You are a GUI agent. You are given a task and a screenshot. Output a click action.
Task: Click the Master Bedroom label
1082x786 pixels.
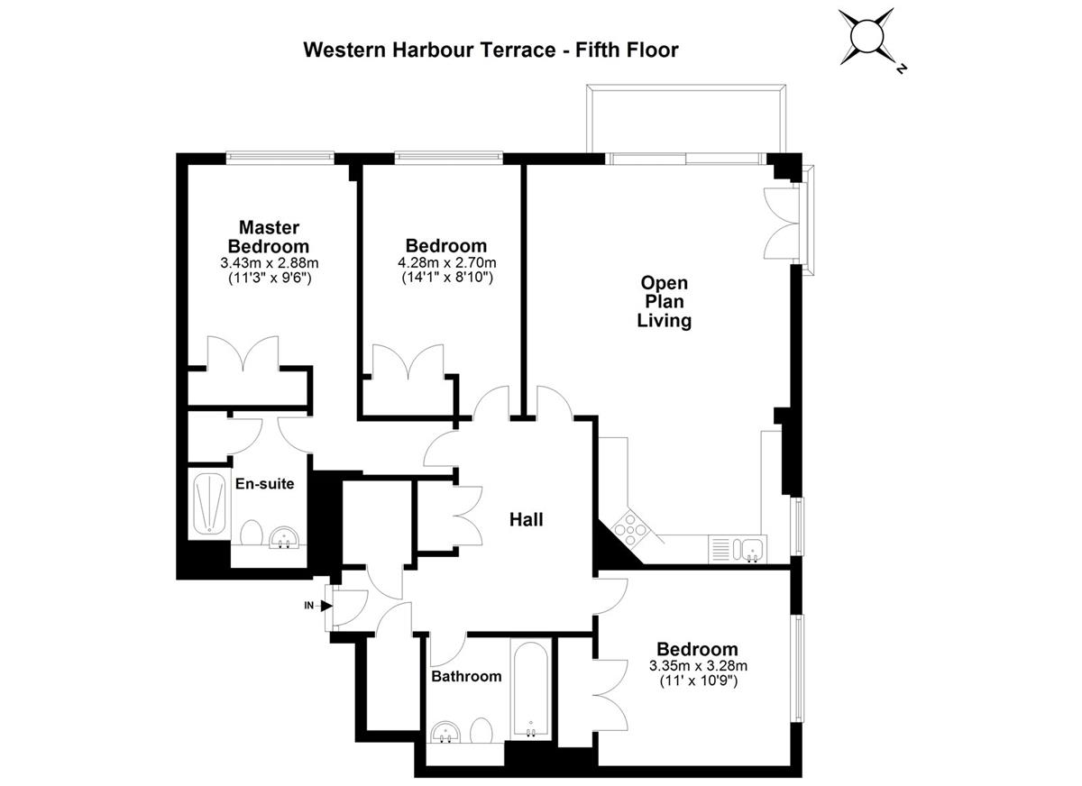[269, 236]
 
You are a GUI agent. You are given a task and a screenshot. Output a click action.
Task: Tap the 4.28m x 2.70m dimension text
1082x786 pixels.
[447, 262]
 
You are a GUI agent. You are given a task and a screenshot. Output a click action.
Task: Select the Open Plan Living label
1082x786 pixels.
[665, 301]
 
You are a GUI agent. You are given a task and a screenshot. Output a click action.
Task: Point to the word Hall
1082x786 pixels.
[527, 519]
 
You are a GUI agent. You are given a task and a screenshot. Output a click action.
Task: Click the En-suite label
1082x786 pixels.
[265, 484]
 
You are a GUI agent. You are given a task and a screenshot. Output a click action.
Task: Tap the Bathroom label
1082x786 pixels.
[466, 676]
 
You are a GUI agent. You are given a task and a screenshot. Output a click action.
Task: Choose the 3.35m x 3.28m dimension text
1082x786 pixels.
[698, 666]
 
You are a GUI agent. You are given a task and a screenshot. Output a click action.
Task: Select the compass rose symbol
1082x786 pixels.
[867, 37]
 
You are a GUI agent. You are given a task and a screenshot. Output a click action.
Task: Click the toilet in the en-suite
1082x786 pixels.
[252, 532]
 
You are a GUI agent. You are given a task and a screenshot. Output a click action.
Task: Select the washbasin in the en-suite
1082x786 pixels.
[285, 537]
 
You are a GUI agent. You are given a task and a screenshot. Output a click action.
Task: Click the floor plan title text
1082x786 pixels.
[491, 50]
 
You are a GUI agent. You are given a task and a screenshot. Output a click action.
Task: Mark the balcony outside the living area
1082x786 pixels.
[686, 119]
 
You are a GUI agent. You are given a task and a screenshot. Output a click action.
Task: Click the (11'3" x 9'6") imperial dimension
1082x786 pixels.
[270, 279]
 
